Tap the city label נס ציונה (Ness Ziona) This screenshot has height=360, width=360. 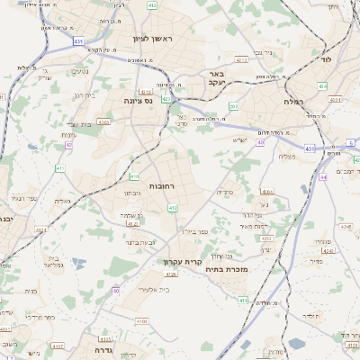click(143, 102)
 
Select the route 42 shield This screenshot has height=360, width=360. click(68, 144)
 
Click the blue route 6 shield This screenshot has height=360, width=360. click(350, 143)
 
